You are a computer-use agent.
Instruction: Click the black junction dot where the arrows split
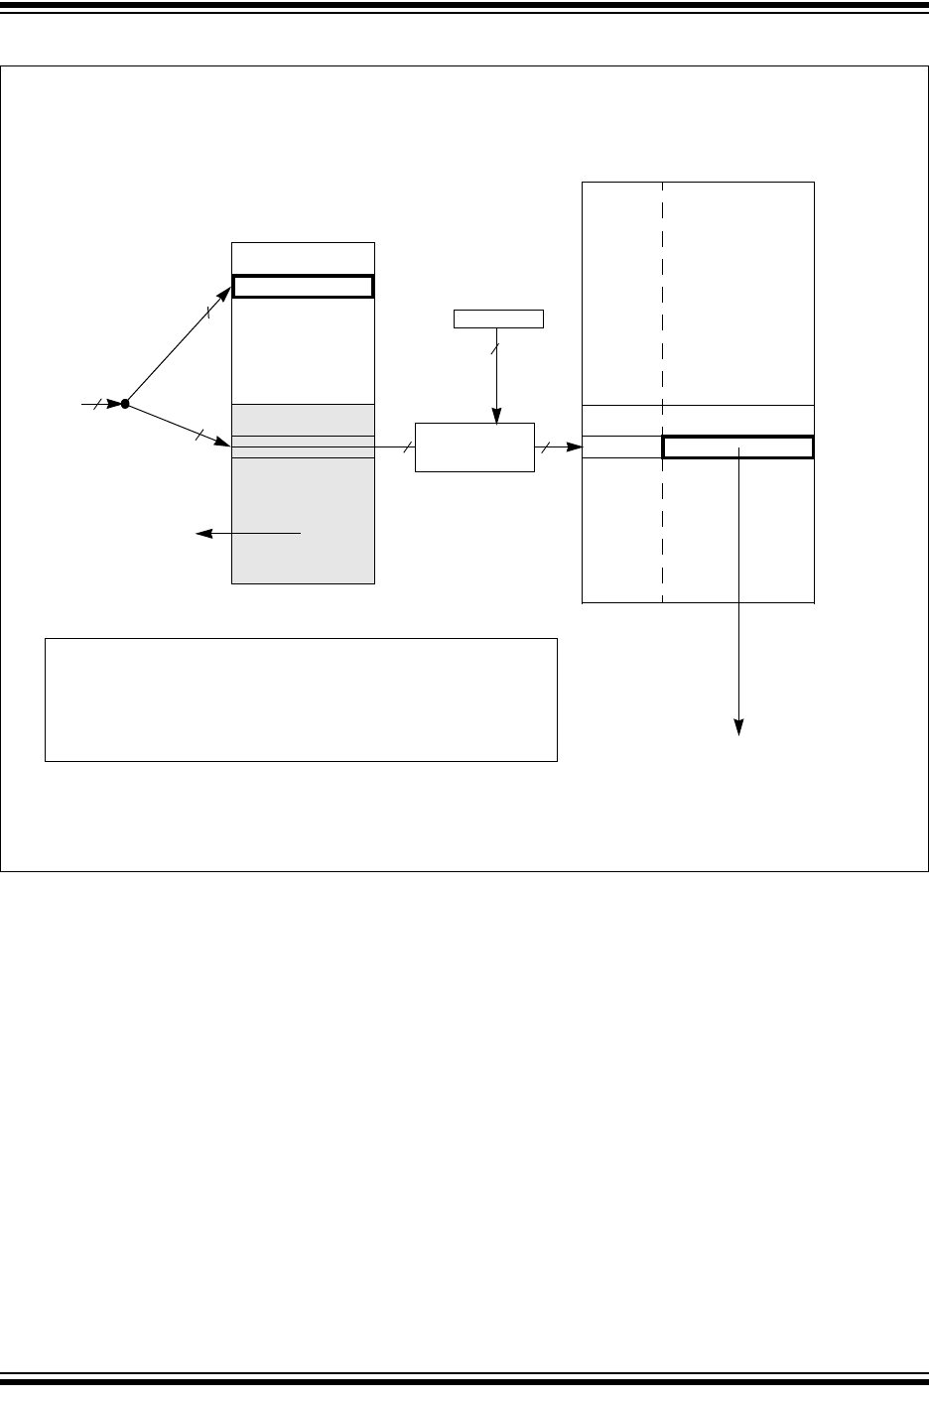pyautogui.click(x=125, y=404)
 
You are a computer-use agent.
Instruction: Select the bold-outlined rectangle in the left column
pyautogui.click(x=303, y=287)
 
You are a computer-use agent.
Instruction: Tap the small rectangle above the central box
pyautogui.click(x=498, y=318)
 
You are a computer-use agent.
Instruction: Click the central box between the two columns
pyautogui.click(x=474, y=446)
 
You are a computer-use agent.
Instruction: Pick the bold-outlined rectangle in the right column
pyautogui.click(x=737, y=446)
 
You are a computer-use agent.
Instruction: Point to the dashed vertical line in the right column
pyautogui.click(x=662, y=298)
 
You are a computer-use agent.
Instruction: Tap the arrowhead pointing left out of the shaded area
pyautogui.click(x=202, y=534)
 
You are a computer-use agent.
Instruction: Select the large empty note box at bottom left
pyautogui.click(x=301, y=700)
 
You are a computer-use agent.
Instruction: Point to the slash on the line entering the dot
pyautogui.click(x=96, y=404)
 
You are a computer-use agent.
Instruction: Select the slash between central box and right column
pyautogui.click(x=545, y=447)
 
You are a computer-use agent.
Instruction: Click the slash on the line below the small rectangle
pyautogui.click(x=496, y=349)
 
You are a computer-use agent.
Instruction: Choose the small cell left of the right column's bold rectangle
pyautogui.click(x=621, y=446)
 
